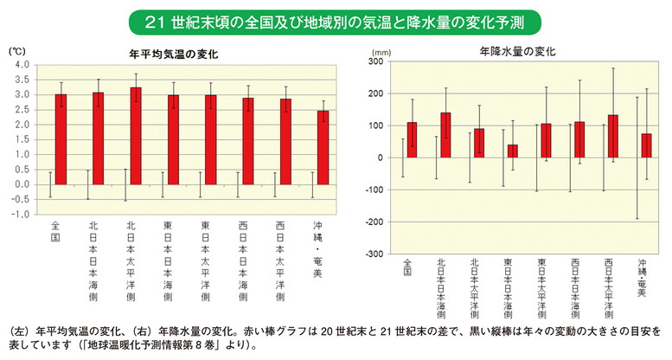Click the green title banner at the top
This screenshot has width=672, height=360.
336,19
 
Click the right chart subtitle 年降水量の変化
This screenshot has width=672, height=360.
516,51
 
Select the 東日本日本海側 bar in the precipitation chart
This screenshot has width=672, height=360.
511,151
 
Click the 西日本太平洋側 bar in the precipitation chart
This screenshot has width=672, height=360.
612,136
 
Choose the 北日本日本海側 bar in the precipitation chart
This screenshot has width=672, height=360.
445,135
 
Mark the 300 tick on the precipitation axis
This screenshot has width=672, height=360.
374,61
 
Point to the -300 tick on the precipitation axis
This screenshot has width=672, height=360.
373,254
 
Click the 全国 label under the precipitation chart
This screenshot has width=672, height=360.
410,269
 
